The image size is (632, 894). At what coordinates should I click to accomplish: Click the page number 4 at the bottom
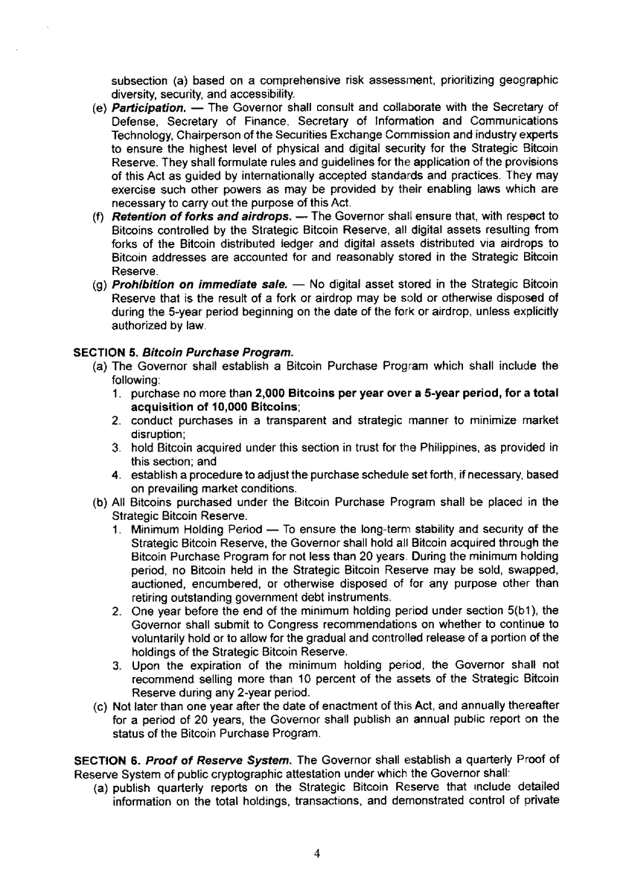click(x=316, y=854)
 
